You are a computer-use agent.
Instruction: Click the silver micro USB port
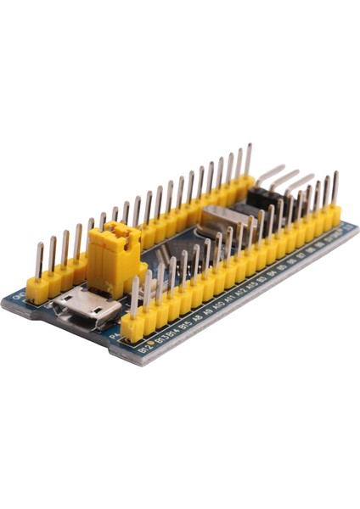(x=84, y=306)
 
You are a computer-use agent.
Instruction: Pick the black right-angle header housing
(x=263, y=200)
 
